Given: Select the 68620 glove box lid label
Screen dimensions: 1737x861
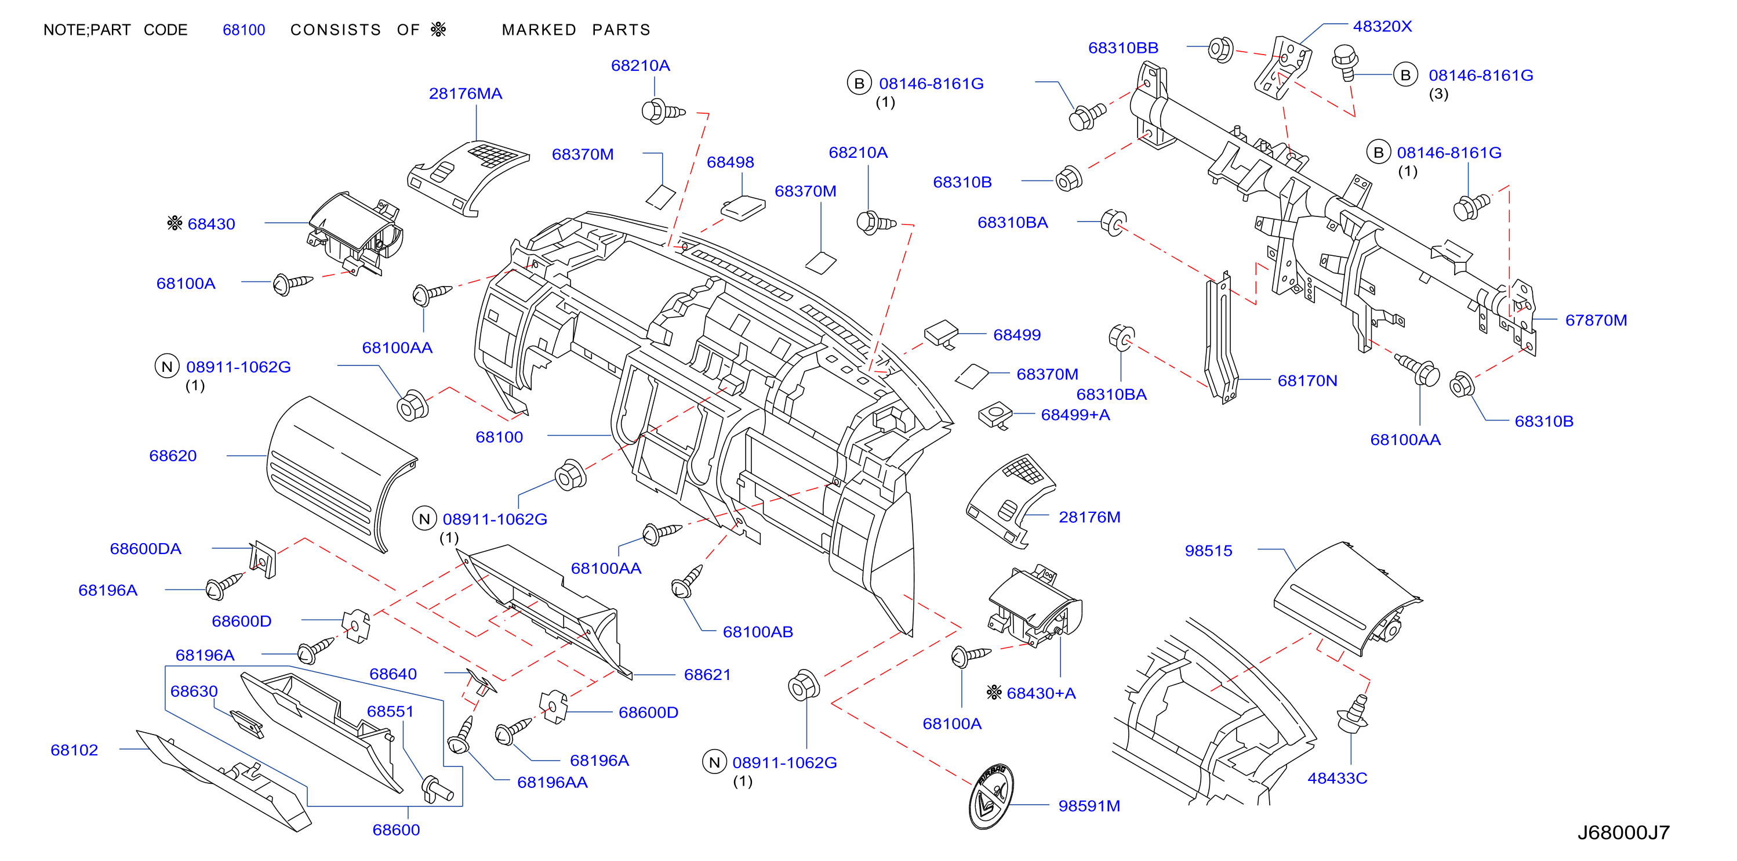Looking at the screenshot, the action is click(173, 456).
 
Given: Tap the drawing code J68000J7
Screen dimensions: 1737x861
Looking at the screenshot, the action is click(1623, 833).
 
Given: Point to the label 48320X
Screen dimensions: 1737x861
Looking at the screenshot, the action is click(1382, 26).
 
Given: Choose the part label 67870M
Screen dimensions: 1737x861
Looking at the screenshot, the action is click(1596, 320).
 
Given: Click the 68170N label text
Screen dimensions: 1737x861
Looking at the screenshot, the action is click(1307, 381).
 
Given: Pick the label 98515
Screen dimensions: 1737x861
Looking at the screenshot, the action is click(1208, 551).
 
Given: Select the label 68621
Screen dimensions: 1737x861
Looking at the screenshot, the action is click(707, 675).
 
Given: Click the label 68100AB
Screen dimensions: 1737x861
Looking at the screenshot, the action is click(758, 632).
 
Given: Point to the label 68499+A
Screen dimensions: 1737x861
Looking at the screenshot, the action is click(1075, 415).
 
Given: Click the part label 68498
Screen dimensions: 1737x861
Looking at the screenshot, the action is click(731, 162).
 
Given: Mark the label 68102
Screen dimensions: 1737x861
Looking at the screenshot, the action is click(74, 750).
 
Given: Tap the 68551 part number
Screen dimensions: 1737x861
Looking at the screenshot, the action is click(390, 712).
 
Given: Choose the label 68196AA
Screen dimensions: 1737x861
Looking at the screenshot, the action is click(553, 783).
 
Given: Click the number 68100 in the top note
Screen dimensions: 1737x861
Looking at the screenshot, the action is click(244, 30).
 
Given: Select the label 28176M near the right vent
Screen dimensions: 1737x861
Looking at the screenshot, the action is click(1089, 518).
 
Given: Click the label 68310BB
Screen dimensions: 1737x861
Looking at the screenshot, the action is click(1124, 48).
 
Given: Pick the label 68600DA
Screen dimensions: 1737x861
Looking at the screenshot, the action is click(146, 549).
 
